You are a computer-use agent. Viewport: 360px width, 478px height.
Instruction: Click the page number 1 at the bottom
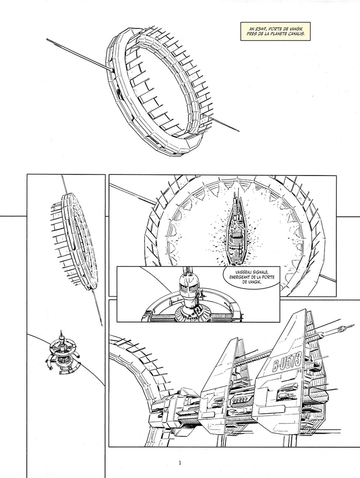point(180,463)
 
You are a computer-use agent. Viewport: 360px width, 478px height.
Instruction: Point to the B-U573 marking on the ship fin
point(287,362)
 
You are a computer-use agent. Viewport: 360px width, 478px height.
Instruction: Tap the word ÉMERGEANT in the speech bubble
point(241,277)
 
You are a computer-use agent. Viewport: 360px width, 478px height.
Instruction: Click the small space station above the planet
point(63,353)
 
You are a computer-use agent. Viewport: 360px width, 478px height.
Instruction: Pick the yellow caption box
point(275,31)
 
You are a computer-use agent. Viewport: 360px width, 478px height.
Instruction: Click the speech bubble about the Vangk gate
point(251,277)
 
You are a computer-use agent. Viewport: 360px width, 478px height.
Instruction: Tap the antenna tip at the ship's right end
point(354,325)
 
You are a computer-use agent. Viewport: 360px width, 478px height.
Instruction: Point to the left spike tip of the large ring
point(47,39)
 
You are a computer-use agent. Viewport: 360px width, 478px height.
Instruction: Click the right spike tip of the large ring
point(239,131)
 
